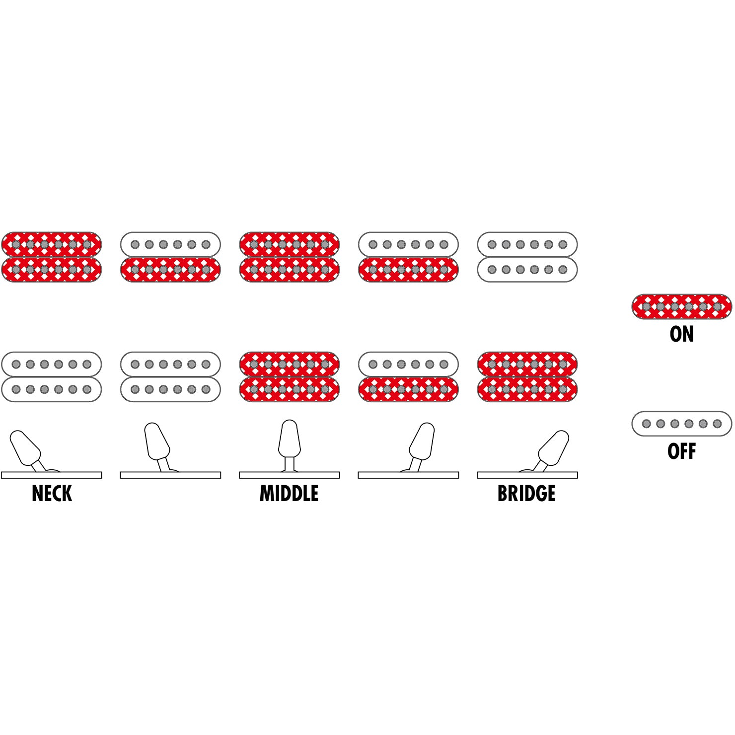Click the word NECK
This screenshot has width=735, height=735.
(52, 494)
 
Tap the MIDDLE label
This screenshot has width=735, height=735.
(289, 494)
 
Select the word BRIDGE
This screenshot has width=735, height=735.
(526, 494)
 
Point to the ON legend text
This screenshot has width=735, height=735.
(681, 334)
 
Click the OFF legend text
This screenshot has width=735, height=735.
(681, 451)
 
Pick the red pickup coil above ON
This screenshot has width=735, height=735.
(681, 306)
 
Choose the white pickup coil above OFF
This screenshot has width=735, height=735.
(681, 424)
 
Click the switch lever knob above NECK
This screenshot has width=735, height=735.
(25, 447)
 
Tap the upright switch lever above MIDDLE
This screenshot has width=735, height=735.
(289, 439)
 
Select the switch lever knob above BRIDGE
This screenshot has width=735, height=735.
(554, 447)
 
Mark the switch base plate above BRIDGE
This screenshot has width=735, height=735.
(527, 475)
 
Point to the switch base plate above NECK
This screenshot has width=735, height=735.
(52, 475)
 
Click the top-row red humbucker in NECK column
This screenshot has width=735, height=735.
(52, 257)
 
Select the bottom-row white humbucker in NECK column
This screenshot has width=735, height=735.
(52, 377)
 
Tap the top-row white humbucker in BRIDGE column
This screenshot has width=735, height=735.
(527, 257)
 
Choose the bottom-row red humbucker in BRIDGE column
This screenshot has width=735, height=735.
(527, 377)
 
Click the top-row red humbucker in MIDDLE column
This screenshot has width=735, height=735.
(289, 257)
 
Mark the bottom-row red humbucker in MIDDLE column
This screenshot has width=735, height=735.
(289, 377)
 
